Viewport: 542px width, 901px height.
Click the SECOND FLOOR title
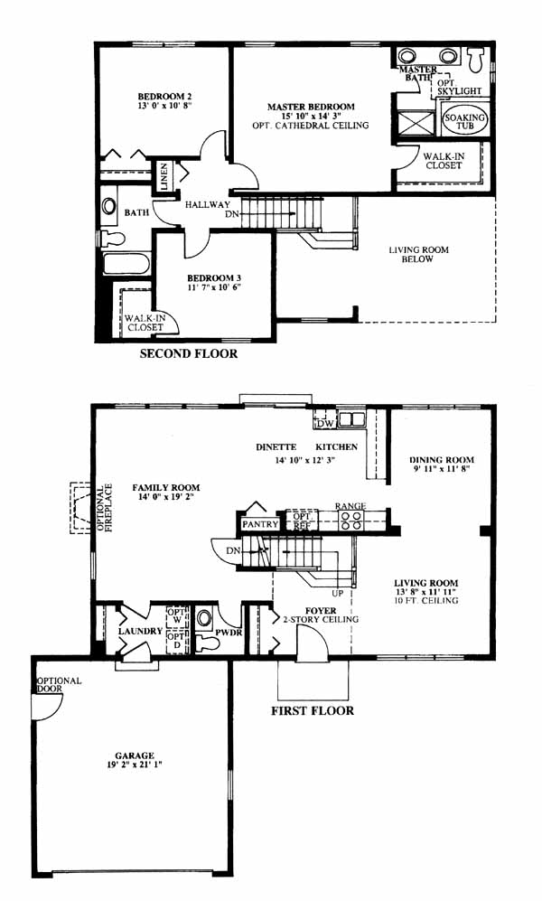coord(188,353)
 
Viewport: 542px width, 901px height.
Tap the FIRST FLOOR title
coord(313,711)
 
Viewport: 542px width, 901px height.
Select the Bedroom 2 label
coord(164,97)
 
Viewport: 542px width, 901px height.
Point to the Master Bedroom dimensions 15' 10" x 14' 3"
coord(311,116)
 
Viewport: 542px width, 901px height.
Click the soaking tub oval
coord(464,121)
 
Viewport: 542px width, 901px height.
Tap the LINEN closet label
coord(164,176)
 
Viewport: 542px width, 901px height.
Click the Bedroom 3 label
coord(210,278)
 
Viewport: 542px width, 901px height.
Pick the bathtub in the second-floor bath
coord(126,265)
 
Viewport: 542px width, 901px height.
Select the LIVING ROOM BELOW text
coord(418,254)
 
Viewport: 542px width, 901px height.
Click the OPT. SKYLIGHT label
coord(459,87)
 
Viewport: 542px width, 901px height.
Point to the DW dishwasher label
coord(324,424)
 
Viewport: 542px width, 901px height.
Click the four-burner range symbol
coord(350,520)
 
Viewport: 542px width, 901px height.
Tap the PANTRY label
coord(260,524)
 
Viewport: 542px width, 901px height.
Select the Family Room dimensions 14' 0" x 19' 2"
coord(165,497)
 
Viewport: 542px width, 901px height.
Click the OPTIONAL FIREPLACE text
coord(105,507)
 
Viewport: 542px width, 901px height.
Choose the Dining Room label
coord(442,460)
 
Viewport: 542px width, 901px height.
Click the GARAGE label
coord(135,756)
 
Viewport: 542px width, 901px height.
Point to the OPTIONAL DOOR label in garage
coord(59,684)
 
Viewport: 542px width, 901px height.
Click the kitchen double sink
coord(350,420)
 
